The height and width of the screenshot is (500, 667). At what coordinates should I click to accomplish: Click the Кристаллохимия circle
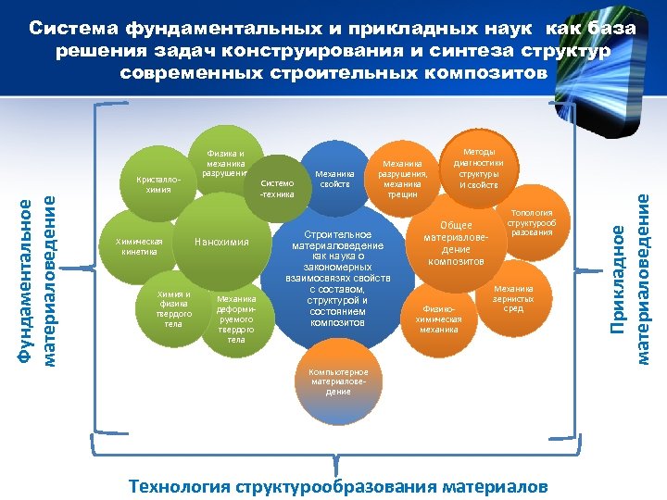152,181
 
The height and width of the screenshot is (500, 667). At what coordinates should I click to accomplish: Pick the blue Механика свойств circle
335,178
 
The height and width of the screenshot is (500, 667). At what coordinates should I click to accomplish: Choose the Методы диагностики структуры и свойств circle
477,166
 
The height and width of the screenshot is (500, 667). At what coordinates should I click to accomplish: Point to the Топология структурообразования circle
532,222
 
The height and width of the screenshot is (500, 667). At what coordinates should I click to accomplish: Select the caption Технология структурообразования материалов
338,486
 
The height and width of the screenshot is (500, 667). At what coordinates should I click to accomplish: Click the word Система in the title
75,29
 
